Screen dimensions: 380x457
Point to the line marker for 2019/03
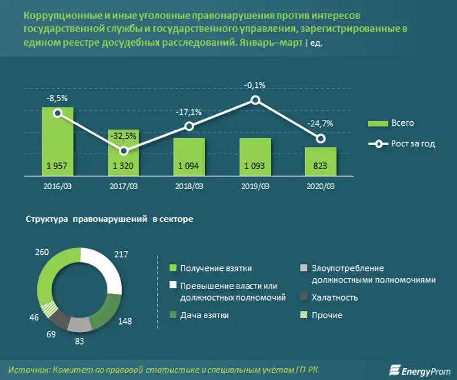tap(255, 101)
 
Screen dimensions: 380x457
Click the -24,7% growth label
tap(320, 123)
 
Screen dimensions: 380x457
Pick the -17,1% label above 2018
tap(189, 112)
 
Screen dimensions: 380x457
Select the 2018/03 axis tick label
tap(189, 186)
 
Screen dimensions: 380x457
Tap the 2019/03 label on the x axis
tap(255, 186)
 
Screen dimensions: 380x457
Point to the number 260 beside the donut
tap(41, 251)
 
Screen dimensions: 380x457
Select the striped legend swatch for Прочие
tap(304, 315)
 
